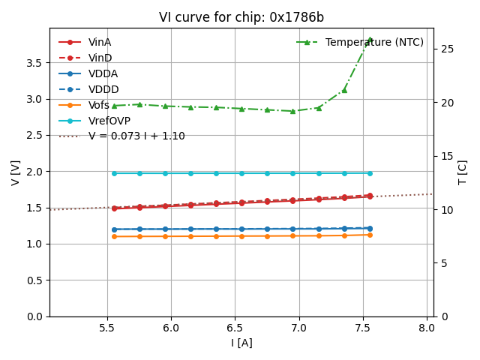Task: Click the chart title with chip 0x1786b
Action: point(241,17)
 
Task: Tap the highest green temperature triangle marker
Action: point(370,40)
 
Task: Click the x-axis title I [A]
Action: point(241,343)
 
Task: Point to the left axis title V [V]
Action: point(15,172)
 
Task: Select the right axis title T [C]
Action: point(463,172)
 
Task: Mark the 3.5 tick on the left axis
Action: point(32,62)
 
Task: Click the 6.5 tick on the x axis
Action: point(235,328)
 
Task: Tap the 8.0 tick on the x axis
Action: point(427,328)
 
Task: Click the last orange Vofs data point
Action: point(370,235)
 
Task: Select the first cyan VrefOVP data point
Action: point(114,173)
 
